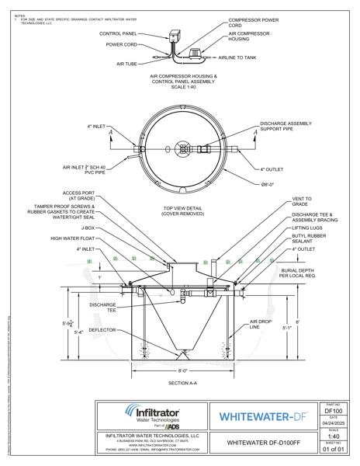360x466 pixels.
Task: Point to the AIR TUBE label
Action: pos(126,64)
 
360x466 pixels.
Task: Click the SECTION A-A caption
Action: pos(178,384)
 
